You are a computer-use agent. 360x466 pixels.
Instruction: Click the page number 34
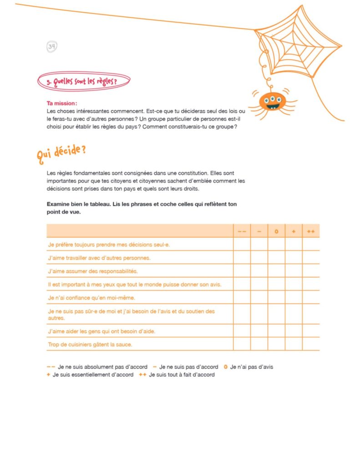pyautogui.click(x=51, y=46)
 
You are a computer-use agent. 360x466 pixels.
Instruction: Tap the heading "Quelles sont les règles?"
pyautogui.click(x=85, y=81)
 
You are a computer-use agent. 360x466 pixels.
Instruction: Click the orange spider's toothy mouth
pyautogui.click(x=272, y=107)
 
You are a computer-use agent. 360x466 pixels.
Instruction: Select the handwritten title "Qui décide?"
pyautogui.click(x=61, y=152)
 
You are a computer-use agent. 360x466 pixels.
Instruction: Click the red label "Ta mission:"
pyautogui.click(x=62, y=103)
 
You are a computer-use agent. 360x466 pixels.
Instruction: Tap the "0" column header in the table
pyautogui.click(x=276, y=232)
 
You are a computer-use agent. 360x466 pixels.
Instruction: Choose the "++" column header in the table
pyautogui.click(x=311, y=232)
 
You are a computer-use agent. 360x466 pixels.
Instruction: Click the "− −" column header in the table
pyautogui.click(x=242, y=232)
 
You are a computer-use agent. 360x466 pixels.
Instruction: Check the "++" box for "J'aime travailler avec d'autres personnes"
pyautogui.click(x=311, y=258)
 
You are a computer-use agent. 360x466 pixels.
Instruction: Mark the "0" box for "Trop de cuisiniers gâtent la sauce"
pyautogui.click(x=276, y=344)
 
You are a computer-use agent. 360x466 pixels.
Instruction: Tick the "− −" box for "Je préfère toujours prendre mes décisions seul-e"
pyautogui.click(x=242, y=244)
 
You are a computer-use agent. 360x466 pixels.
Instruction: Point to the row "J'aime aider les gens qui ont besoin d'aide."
pyautogui.click(x=101, y=331)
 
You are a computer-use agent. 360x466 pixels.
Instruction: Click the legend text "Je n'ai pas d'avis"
pyautogui.click(x=252, y=367)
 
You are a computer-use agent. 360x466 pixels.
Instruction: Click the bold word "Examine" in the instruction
pyautogui.click(x=58, y=204)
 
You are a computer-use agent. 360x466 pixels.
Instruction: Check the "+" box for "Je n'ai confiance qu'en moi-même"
pyautogui.click(x=294, y=298)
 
